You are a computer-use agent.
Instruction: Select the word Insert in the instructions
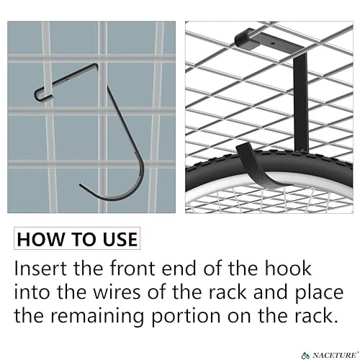(x=40, y=268)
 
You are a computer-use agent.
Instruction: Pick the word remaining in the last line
(x=97, y=316)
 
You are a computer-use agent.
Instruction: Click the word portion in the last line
(x=186, y=317)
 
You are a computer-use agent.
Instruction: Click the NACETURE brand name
(x=334, y=355)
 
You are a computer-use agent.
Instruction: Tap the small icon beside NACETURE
(x=306, y=355)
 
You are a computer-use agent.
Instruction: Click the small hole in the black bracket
(x=272, y=43)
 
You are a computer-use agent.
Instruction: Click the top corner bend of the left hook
(x=96, y=66)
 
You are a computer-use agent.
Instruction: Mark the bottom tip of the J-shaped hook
(x=81, y=185)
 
